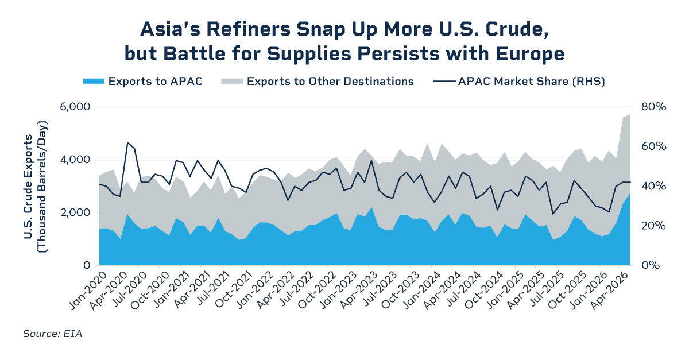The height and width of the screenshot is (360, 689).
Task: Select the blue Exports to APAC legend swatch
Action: tap(94, 81)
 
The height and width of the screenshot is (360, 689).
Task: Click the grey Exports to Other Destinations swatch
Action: tap(232, 81)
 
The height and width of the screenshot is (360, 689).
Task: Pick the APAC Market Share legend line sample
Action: tap(444, 81)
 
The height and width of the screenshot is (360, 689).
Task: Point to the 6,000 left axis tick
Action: tap(75, 107)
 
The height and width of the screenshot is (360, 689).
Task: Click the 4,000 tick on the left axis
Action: tap(75, 160)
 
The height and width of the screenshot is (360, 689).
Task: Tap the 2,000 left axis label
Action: tap(75, 212)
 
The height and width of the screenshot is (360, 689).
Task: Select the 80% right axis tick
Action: tap(653, 107)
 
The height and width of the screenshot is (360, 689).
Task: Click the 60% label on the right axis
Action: tap(653, 146)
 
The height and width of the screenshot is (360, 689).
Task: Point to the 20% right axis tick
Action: tap(653, 226)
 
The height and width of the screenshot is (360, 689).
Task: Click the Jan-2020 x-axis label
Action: tap(87, 290)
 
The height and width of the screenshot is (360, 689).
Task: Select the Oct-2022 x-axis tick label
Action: tap(317, 290)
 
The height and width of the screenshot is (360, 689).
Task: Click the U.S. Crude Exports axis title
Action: tap(35, 187)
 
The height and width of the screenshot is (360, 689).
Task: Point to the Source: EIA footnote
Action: tap(53, 334)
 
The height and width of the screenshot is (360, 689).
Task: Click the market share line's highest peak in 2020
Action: tap(127, 142)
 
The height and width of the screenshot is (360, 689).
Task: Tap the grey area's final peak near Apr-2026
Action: tap(630, 114)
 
